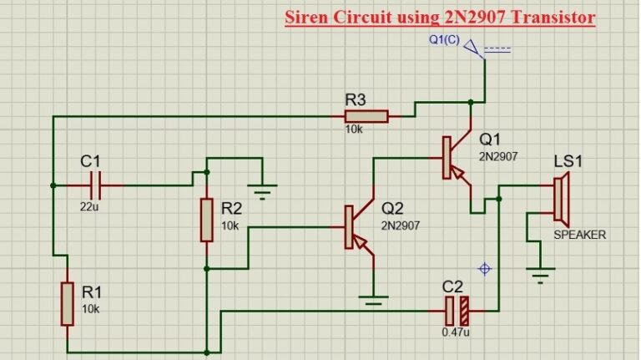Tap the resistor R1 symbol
tap(66, 303)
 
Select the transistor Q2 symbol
tap(354, 226)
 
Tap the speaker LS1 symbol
tap(562, 198)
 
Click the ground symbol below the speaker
tap(542, 271)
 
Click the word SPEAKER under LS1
tap(579, 235)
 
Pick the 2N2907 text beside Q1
tap(498, 156)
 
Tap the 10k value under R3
tap(354, 131)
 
